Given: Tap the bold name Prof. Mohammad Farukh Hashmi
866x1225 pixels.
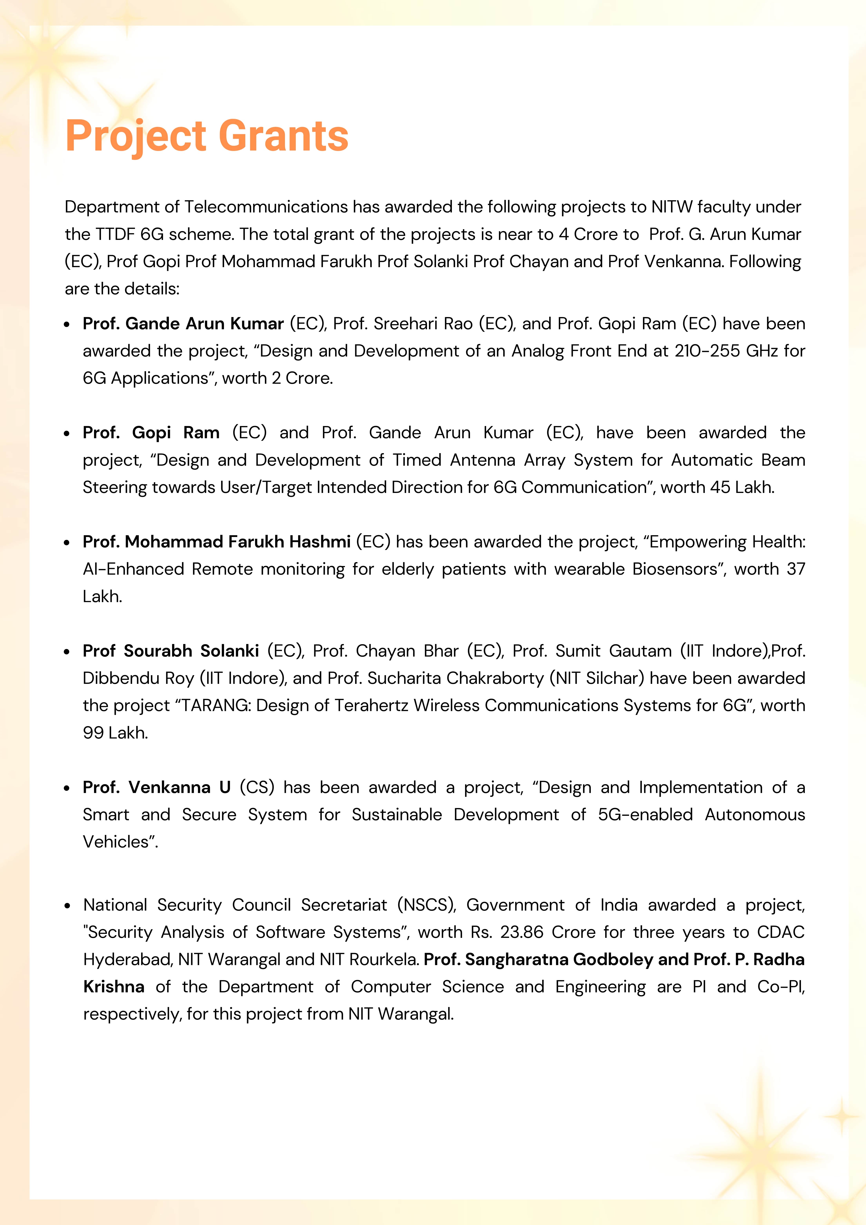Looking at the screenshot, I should coord(216,542).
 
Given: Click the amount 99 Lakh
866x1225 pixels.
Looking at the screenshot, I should coord(115,732).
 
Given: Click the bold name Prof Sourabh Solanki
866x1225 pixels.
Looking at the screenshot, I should coord(171,651).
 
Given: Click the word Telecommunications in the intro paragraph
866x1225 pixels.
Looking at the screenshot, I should coord(266,207).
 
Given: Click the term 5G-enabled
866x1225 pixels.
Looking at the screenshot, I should coord(645,815).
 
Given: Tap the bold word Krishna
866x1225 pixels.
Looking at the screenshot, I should coord(114,986).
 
